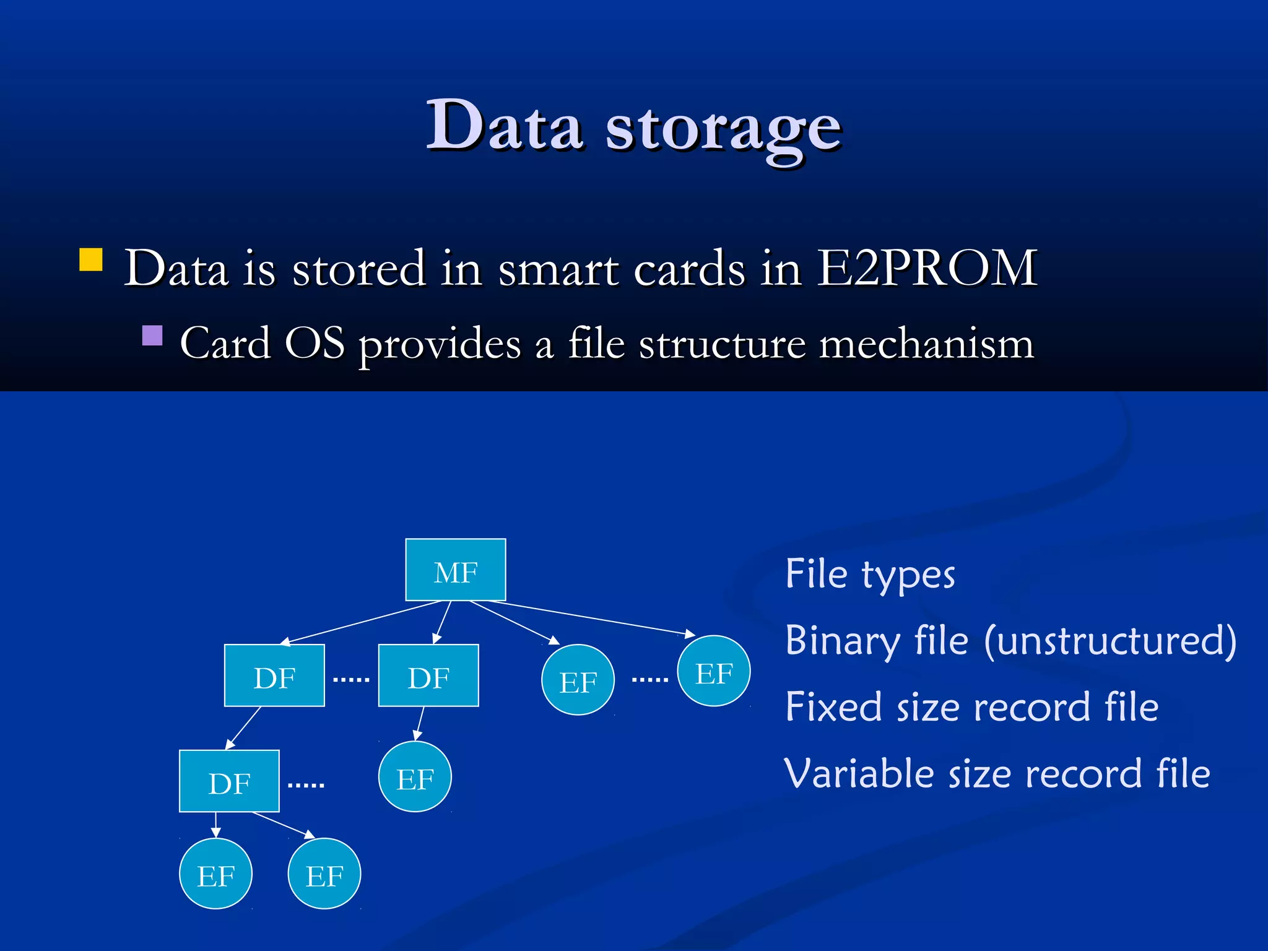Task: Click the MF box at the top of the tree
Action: pyautogui.click(x=456, y=570)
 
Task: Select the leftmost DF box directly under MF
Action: pyautogui.click(x=274, y=675)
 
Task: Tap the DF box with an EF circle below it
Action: pyautogui.click(x=428, y=675)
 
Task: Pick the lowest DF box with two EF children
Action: pyautogui.click(x=229, y=781)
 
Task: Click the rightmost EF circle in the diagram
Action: pyautogui.click(x=714, y=671)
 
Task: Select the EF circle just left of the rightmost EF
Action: pyautogui.click(x=578, y=680)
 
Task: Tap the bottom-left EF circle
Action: pyautogui.click(x=215, y=874)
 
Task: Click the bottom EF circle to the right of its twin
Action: pyautogui.click(x=324, y=874)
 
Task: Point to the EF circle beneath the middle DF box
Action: pyautogui.click(x=415, y=776)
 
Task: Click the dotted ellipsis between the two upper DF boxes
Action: pyautogui.click(x=351, y=679)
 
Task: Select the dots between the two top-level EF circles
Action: pyautogui.click(x=649, y=679)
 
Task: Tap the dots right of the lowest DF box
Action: pyautogui.click(x=306, y=785)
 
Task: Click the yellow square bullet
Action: pyautogui.click(x=91, y=260)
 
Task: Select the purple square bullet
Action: pyautogui.click(x=152, y=336)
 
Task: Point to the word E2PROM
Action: pyautogui.click(x=927, y=268)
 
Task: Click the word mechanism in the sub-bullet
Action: pyautogui.click(x=926, y=344)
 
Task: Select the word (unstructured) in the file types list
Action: pyautogui.click(x=1111, y=640)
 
